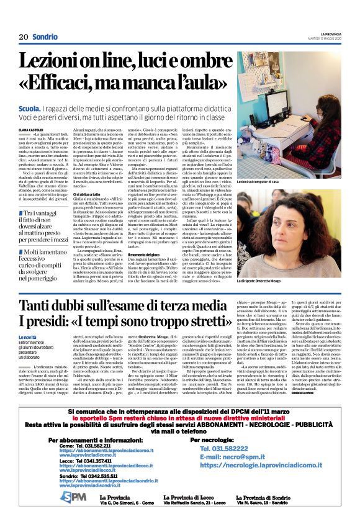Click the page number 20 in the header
23,37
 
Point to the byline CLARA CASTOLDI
32,130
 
